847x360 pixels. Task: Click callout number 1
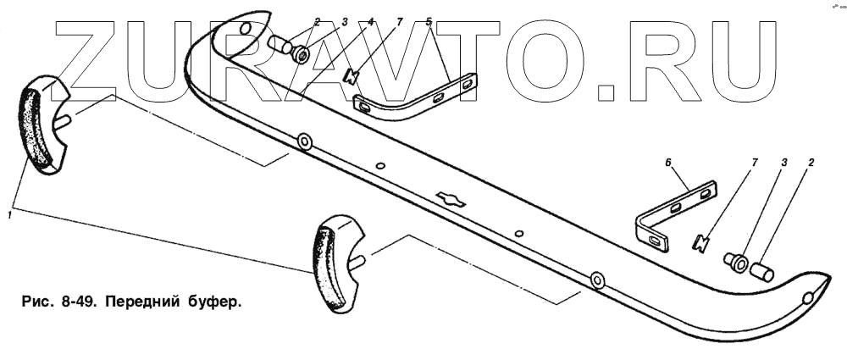(8, 216)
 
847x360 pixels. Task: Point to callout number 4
(371, 24)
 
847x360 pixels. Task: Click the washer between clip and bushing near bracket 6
(737, 262)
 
